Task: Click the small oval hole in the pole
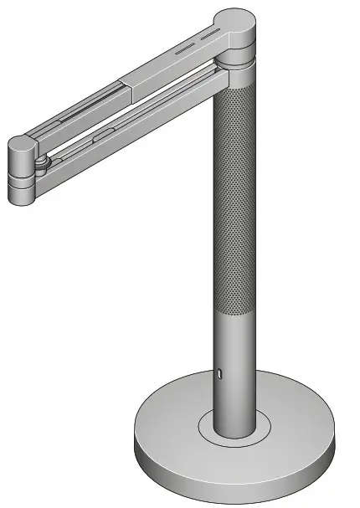pyautogui.click(x=220, y=373)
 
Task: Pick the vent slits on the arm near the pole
pyautogui.click(x=201, y=43)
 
